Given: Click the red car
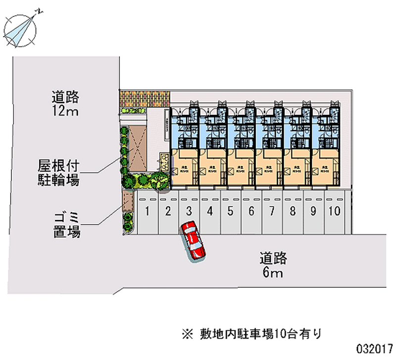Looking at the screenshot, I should click(193, 240).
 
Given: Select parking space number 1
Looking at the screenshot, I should click(148, 212).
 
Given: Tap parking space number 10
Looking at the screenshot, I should click(334, 212).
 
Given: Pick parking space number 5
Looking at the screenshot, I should click(231, 212).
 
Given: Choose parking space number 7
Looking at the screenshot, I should click(272, 212).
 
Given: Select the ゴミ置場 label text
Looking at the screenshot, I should click(68, 224).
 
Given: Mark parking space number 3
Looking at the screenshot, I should click(189, 212).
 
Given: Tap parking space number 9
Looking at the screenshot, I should click(313, 212).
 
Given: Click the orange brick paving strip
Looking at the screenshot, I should click(145, 98).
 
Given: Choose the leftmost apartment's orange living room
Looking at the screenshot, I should click(184, 170).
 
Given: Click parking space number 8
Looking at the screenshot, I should click(293, 212).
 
